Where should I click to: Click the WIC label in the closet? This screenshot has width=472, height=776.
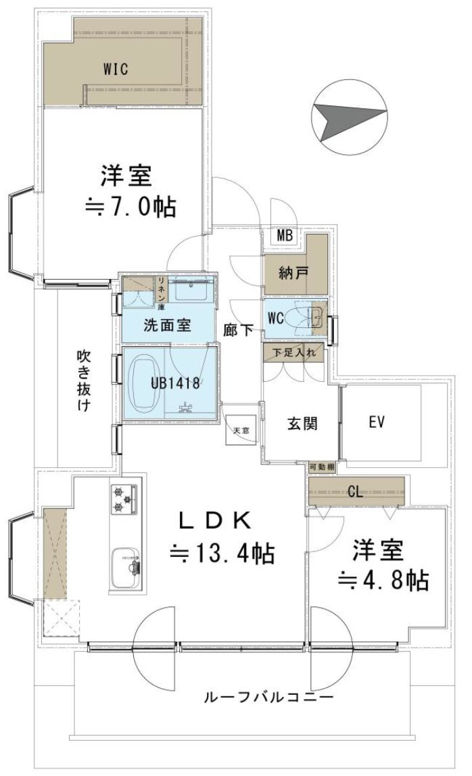point(116,68)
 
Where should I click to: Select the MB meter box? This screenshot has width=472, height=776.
point(285,236)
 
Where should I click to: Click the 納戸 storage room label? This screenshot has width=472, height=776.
point(294,273)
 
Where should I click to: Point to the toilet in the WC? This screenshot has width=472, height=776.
point(298,317)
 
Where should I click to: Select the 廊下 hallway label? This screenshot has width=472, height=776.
point(239,330)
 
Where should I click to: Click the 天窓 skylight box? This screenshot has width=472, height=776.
point(241,431)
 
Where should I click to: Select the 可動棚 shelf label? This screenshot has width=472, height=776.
point(321,467)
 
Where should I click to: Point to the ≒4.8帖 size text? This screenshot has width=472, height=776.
point(383,579)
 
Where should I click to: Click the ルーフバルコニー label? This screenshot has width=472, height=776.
point(268,697)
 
